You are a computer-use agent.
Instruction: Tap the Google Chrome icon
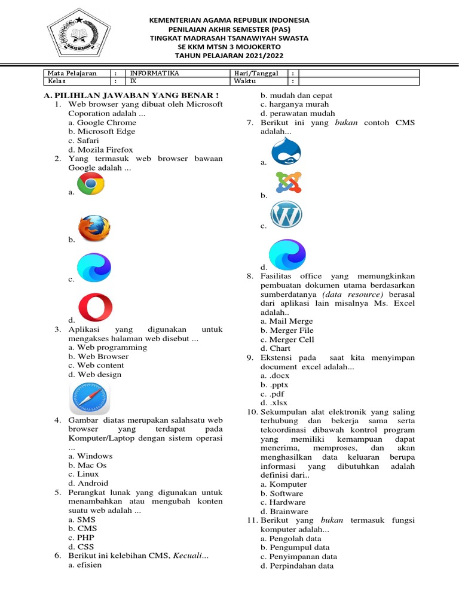(x=91, y=184)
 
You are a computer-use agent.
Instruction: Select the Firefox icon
(x=94, y=229)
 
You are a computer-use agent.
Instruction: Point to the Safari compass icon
(x=90, y=397)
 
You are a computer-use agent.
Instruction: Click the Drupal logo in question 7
(x=286, y=152)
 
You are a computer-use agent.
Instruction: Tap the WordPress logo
(x=286, y=216)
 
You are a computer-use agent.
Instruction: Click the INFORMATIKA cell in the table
(x=155, y=73)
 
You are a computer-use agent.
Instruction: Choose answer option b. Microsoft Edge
(x=102, y=132)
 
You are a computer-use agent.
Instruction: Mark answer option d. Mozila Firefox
(x=100, y=150)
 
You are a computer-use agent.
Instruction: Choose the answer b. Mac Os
(x=87, y=465)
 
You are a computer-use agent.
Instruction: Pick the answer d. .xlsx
(x=275, y=403)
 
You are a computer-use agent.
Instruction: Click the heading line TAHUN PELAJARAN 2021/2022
(x=229, y=56)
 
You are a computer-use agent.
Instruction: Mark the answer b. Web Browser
(x=99, y=356)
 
